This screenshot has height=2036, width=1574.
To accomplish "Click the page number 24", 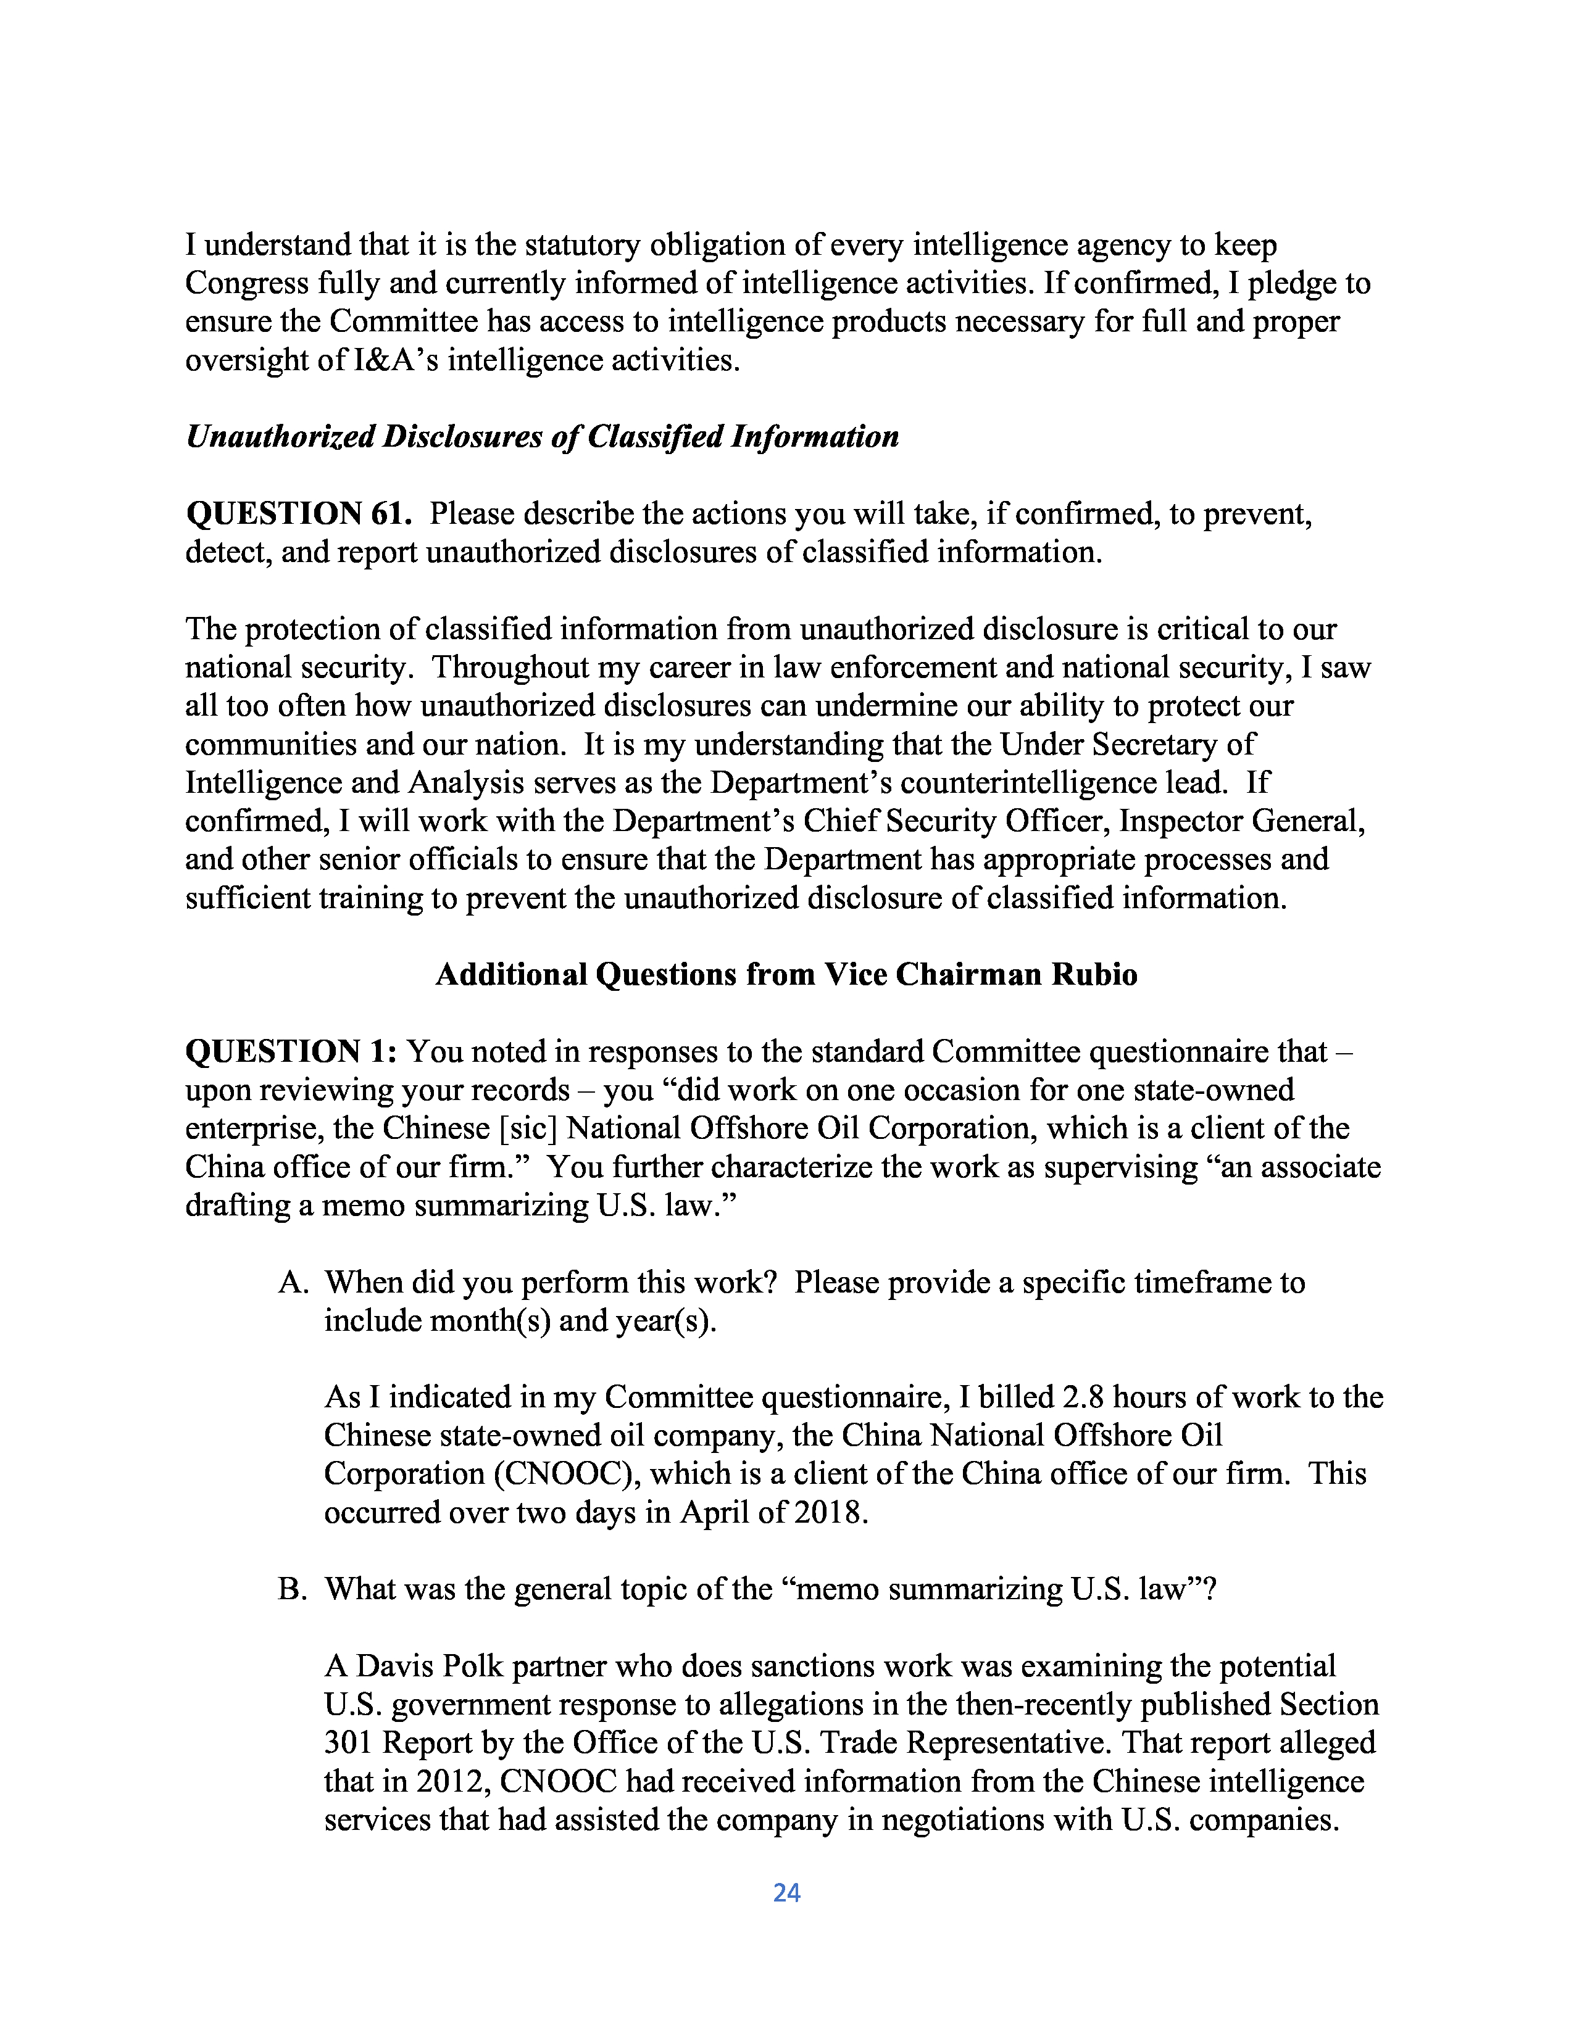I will (786, 1892).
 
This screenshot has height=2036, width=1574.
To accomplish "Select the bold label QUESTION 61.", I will (298, 514).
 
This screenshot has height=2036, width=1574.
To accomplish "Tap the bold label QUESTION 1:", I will (292, 1051).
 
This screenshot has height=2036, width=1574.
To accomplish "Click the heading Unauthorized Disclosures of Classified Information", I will (542, 436).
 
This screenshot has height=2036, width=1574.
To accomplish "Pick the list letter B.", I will (292, 1589).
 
